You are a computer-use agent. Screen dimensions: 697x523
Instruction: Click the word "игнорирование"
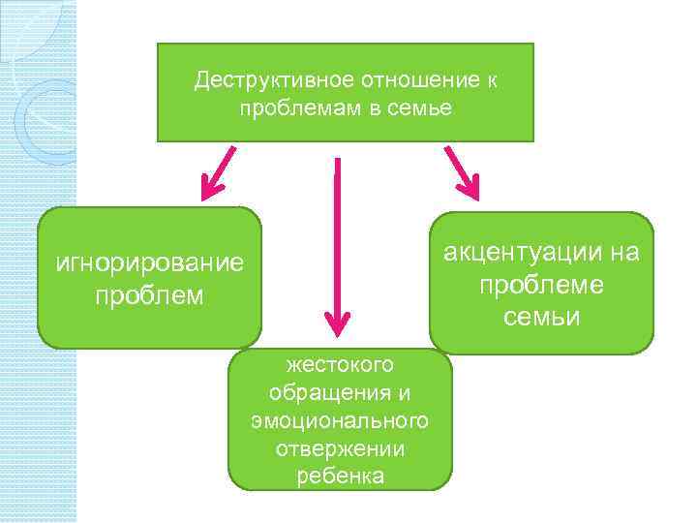coord(150,264)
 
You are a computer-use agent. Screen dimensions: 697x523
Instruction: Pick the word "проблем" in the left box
coord(150,294)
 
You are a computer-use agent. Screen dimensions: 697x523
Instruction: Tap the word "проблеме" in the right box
coord(541,285)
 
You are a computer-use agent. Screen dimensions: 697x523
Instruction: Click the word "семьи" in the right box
coord(541,317)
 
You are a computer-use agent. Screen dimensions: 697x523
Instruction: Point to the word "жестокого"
coord(340,364)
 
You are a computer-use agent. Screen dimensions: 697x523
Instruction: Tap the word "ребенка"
coord(340,477)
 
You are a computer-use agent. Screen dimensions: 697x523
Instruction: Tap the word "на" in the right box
coord(626,253)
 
